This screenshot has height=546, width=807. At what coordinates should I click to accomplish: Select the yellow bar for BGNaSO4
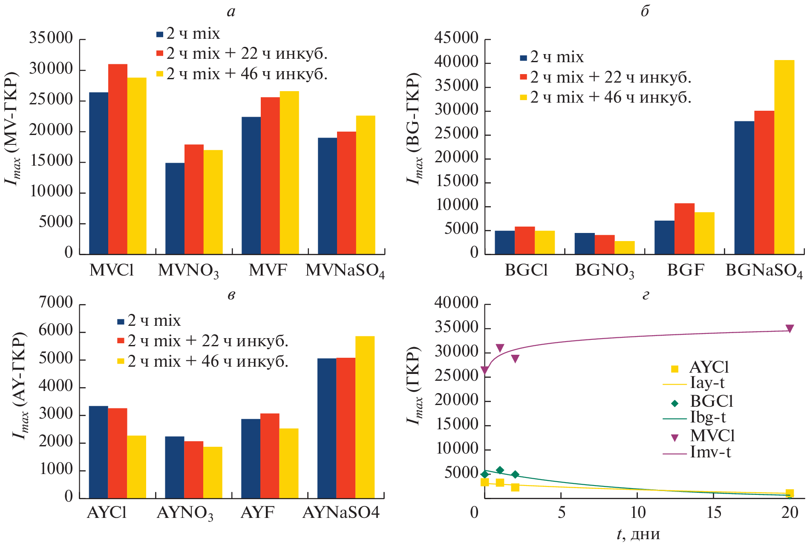coord(784,157)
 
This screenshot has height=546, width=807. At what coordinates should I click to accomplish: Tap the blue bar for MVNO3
coord(175,208)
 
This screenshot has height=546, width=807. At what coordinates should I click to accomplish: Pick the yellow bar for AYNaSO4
coord(365,417)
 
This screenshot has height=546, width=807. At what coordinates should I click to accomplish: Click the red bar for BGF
coord(684,229)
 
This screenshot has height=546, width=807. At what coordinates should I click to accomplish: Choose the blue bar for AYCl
coord(98,452)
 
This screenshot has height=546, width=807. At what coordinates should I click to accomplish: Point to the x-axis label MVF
coord(268,270)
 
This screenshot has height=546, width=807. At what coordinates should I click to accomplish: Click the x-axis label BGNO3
coord(604,271)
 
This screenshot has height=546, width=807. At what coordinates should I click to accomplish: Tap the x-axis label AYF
coord(257,512)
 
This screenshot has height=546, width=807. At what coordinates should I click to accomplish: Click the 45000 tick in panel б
coord(456,38)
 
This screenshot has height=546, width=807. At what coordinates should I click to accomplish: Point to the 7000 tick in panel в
coord(55,303)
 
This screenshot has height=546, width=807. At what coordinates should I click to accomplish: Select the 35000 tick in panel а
coord(51,38)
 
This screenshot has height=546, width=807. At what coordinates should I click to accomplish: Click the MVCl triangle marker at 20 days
coord(790,329)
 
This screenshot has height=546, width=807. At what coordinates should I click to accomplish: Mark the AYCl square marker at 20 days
coord(790,493)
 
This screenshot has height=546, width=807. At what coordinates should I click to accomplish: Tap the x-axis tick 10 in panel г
coord(638,512)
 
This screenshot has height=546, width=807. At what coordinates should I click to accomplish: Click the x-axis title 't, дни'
coord(638,534)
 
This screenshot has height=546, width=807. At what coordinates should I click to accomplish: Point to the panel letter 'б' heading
coord(645,11)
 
